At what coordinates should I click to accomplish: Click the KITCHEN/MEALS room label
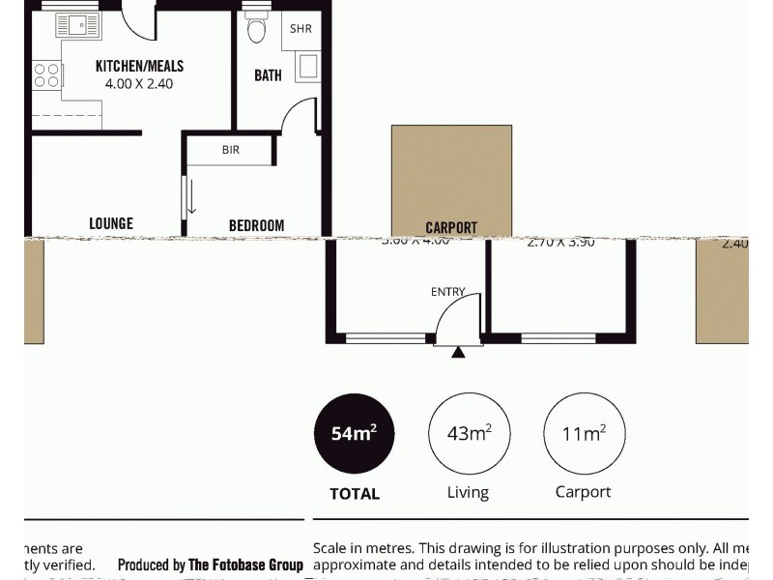tap(139, 67)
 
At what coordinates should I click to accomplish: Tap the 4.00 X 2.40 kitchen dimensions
tap(139, 84)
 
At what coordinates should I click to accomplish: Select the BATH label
tap(268, 75)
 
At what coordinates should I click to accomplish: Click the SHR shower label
tap(301, 29)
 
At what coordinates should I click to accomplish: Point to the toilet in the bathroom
tap(256, 29)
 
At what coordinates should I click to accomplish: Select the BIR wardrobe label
tap(231, 150)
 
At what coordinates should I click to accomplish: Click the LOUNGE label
tap(111, 223)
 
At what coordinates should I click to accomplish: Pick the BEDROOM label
tap(256, 225)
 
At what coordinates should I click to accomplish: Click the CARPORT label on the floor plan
tap(451, 228)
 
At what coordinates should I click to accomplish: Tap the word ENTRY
tap(447, 291)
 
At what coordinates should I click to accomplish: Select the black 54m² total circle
tap(354, 434)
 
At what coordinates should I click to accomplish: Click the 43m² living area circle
tap(469, 434)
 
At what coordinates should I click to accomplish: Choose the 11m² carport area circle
tap(584, 434)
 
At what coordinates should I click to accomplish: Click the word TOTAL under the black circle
tap(355, 494)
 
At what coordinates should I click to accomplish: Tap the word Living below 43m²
tap(468, 492)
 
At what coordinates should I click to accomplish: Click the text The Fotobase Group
tap(245, 565)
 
